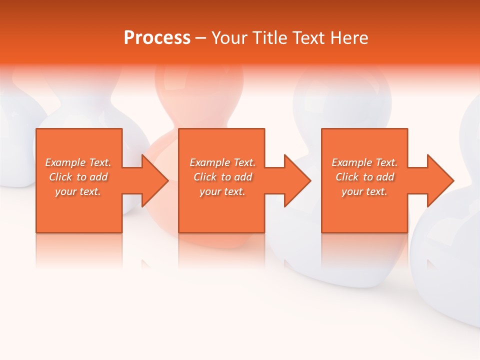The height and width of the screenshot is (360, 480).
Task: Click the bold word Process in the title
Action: (157, 38)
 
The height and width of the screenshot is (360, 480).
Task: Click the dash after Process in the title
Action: (200, 38)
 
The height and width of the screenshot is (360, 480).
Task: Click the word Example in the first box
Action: (65, 162)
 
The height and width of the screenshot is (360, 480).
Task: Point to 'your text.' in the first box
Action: (78, 191)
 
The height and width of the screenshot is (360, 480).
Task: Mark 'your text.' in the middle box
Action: (222, 191)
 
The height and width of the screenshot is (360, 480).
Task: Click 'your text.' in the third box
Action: (364, 191)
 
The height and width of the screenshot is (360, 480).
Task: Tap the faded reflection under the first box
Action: (79, 250)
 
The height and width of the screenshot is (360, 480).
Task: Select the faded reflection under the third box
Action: (364, 250)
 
